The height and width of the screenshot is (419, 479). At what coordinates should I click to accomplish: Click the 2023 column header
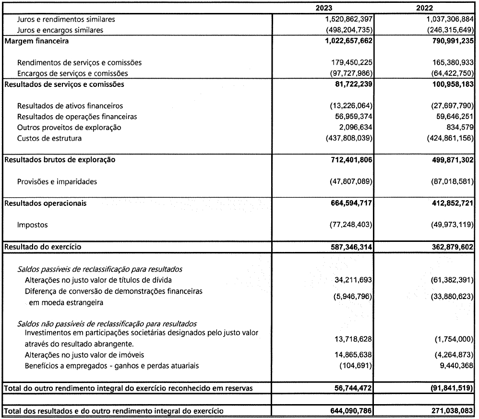pyautogui.click(x=323, y=8)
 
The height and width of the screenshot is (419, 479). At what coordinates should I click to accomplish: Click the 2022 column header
pyautogui.click(x=424, y=8)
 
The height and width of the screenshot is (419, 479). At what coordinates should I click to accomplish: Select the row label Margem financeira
pyautogui.click(x=36, y=41)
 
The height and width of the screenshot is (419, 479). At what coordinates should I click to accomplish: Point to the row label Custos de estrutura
pyautogui.click(x=49, y=139)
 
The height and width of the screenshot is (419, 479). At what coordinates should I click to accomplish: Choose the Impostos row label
pyautogui.click(x=33, y=225)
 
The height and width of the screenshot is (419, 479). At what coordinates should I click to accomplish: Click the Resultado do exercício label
pyautogui.click(x=43, y=247)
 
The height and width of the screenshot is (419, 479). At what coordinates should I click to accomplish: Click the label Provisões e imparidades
pyautogui.click(x=57, y=182)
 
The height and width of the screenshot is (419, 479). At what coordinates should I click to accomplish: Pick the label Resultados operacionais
pyautogui.click(x=46, y=204)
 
